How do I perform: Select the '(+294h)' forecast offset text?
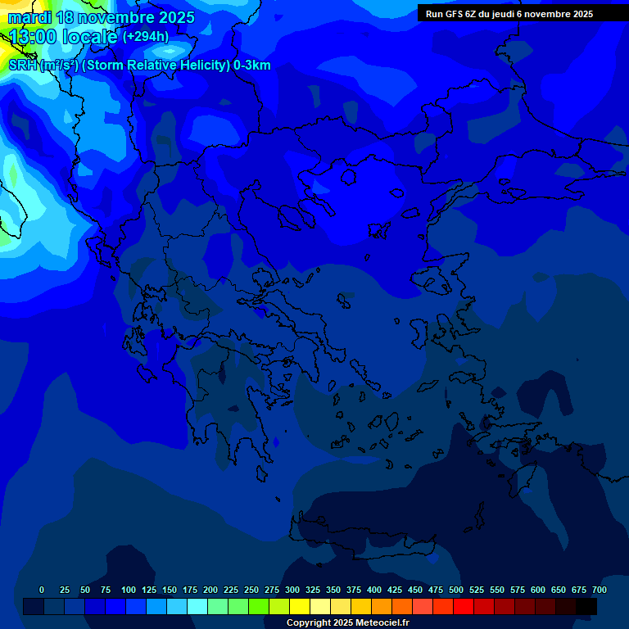146,37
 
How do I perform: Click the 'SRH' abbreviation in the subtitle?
22,66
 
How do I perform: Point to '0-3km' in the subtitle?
251,66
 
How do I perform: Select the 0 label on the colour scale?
42,590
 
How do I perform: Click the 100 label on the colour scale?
129,590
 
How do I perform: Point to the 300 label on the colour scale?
292,590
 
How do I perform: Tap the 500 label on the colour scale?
456,590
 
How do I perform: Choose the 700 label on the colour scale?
600,590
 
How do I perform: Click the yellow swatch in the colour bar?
300,606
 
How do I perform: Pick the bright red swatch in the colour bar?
464,606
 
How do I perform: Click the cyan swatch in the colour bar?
197,606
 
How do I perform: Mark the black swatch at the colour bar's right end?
586,606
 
